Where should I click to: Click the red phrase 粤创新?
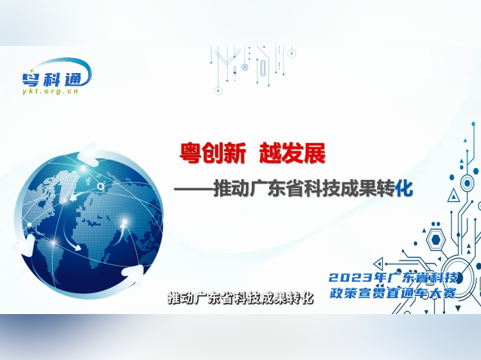pyautogui.click(x=213, y=154)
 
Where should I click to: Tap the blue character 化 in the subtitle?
pyautogui.click(x=405, y=188)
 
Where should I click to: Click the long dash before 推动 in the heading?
pyautogui.click(x=195, y=188)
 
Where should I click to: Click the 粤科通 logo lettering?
pyautogui.click(x=57, y=75)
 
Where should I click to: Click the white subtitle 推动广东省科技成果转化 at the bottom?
pyautogui.click(x=240, y=297)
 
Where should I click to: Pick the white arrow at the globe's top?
pyautogui.click(x=89, y=155)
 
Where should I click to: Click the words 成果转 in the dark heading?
pyautogui.click(x=367, y=188)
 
